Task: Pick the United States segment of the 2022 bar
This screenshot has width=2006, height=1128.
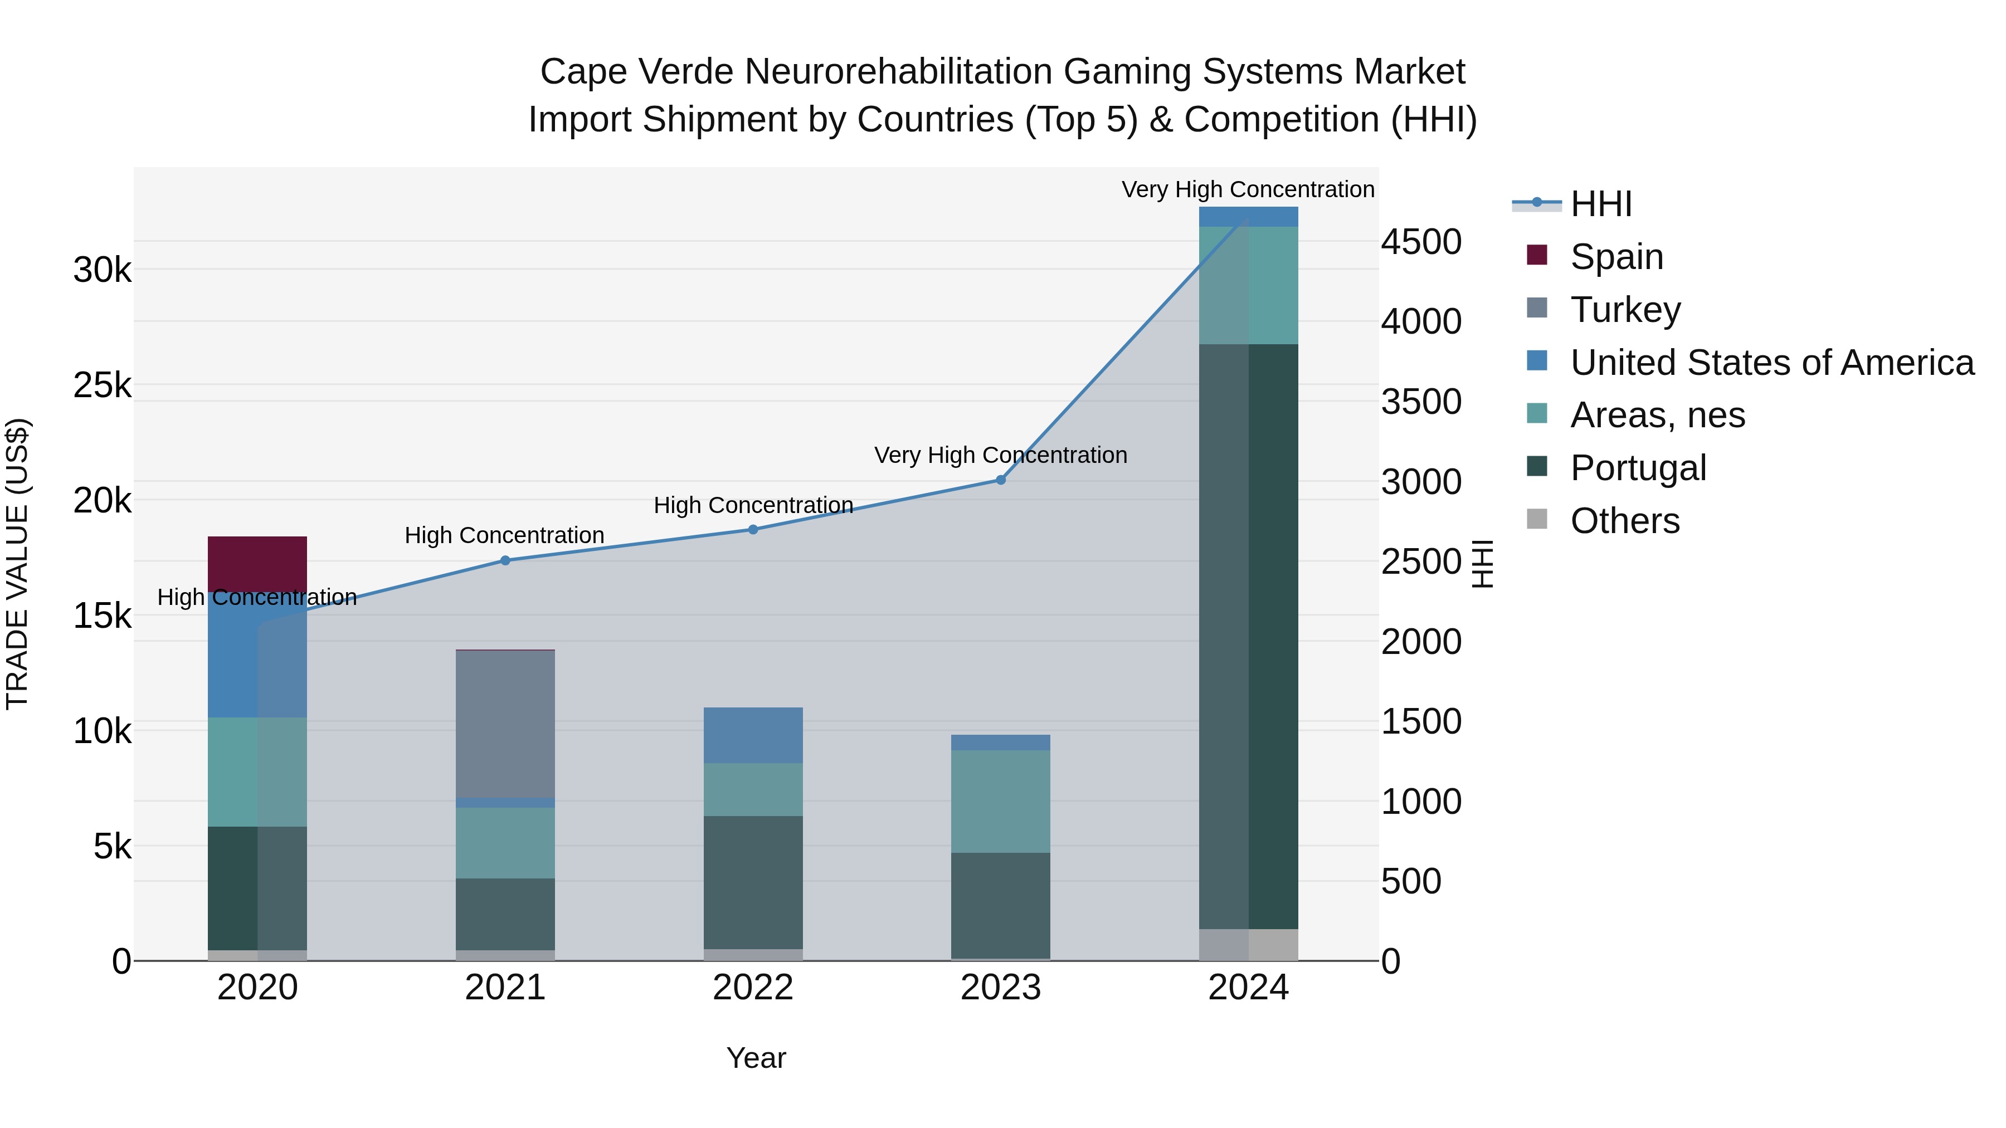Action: point(752,734)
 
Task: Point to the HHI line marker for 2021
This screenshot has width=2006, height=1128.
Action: point(505,560)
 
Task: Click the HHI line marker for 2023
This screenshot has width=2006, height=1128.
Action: point(1001,480)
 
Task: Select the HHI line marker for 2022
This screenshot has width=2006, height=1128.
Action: point(753,529)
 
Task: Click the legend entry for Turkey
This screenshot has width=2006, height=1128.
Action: point(1625,309)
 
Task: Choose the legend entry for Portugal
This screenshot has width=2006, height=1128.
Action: point(1638,468)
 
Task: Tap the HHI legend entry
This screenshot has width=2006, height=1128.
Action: point(1600,204)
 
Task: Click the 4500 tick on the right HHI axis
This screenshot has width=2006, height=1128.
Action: point(1421,242)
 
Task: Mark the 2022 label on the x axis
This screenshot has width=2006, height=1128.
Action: point(752,988)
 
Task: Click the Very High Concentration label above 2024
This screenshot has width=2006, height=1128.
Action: point(1248,189)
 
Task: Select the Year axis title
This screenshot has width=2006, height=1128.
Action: point(756,1058)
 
